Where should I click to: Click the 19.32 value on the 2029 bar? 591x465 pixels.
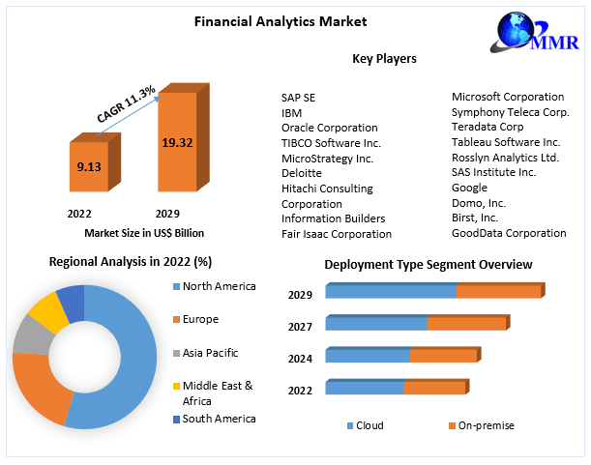click(x=177, y=142)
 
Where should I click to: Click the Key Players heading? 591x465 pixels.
click(x=384, y=59)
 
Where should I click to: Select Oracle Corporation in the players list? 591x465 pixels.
click(x=329, y=128)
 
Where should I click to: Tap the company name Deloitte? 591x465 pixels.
click(x=302, y=173)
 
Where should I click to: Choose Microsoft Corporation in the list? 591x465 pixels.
click(x=508, y=97)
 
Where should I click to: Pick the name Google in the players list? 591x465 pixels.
click(x=469, y=188)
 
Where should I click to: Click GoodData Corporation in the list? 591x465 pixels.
click(x=509, y=233)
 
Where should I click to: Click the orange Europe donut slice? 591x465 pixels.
click(x=39, y=387)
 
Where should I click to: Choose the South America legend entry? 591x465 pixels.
click(x=219, y=419)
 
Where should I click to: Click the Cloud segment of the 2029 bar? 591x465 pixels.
click(x=391, y=292)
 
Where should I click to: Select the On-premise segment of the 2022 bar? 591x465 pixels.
click(x=434, y=389)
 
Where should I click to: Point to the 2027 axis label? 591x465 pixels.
click(x=300, y=327)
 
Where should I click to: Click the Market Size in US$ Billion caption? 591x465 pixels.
click(x=144, y=233)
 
